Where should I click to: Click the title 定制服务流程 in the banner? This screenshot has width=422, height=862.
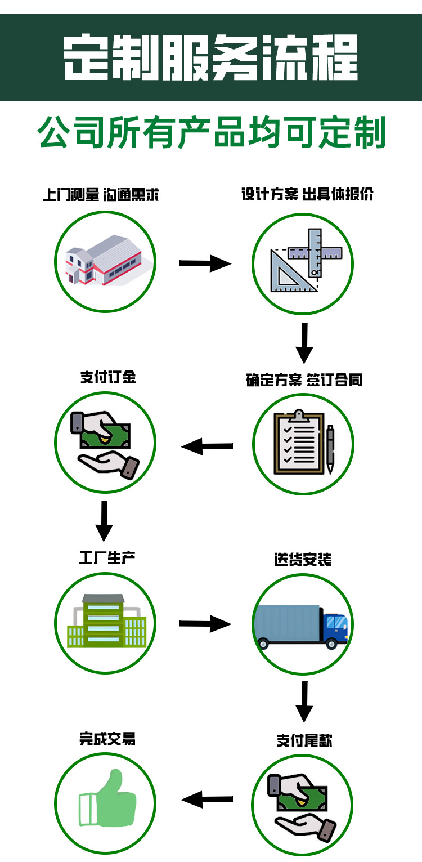point(210,58)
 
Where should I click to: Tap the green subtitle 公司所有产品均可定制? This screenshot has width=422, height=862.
point(211,133)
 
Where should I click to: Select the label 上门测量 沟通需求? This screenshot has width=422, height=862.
point(101,195)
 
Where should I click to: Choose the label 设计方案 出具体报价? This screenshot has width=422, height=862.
point(307,195)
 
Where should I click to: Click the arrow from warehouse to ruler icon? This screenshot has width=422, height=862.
point(205,263)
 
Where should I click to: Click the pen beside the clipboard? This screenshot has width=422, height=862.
point(330,448)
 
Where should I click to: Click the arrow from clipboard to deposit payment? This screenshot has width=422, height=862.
point(207,447)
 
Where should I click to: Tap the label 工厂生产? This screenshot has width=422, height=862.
point(107,558)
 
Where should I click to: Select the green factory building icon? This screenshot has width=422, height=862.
point(106,622)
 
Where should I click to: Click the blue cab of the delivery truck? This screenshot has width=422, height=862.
point(335,626)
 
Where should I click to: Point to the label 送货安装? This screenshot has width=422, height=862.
point(303,560)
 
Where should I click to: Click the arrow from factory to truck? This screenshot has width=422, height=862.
point(205,624)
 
